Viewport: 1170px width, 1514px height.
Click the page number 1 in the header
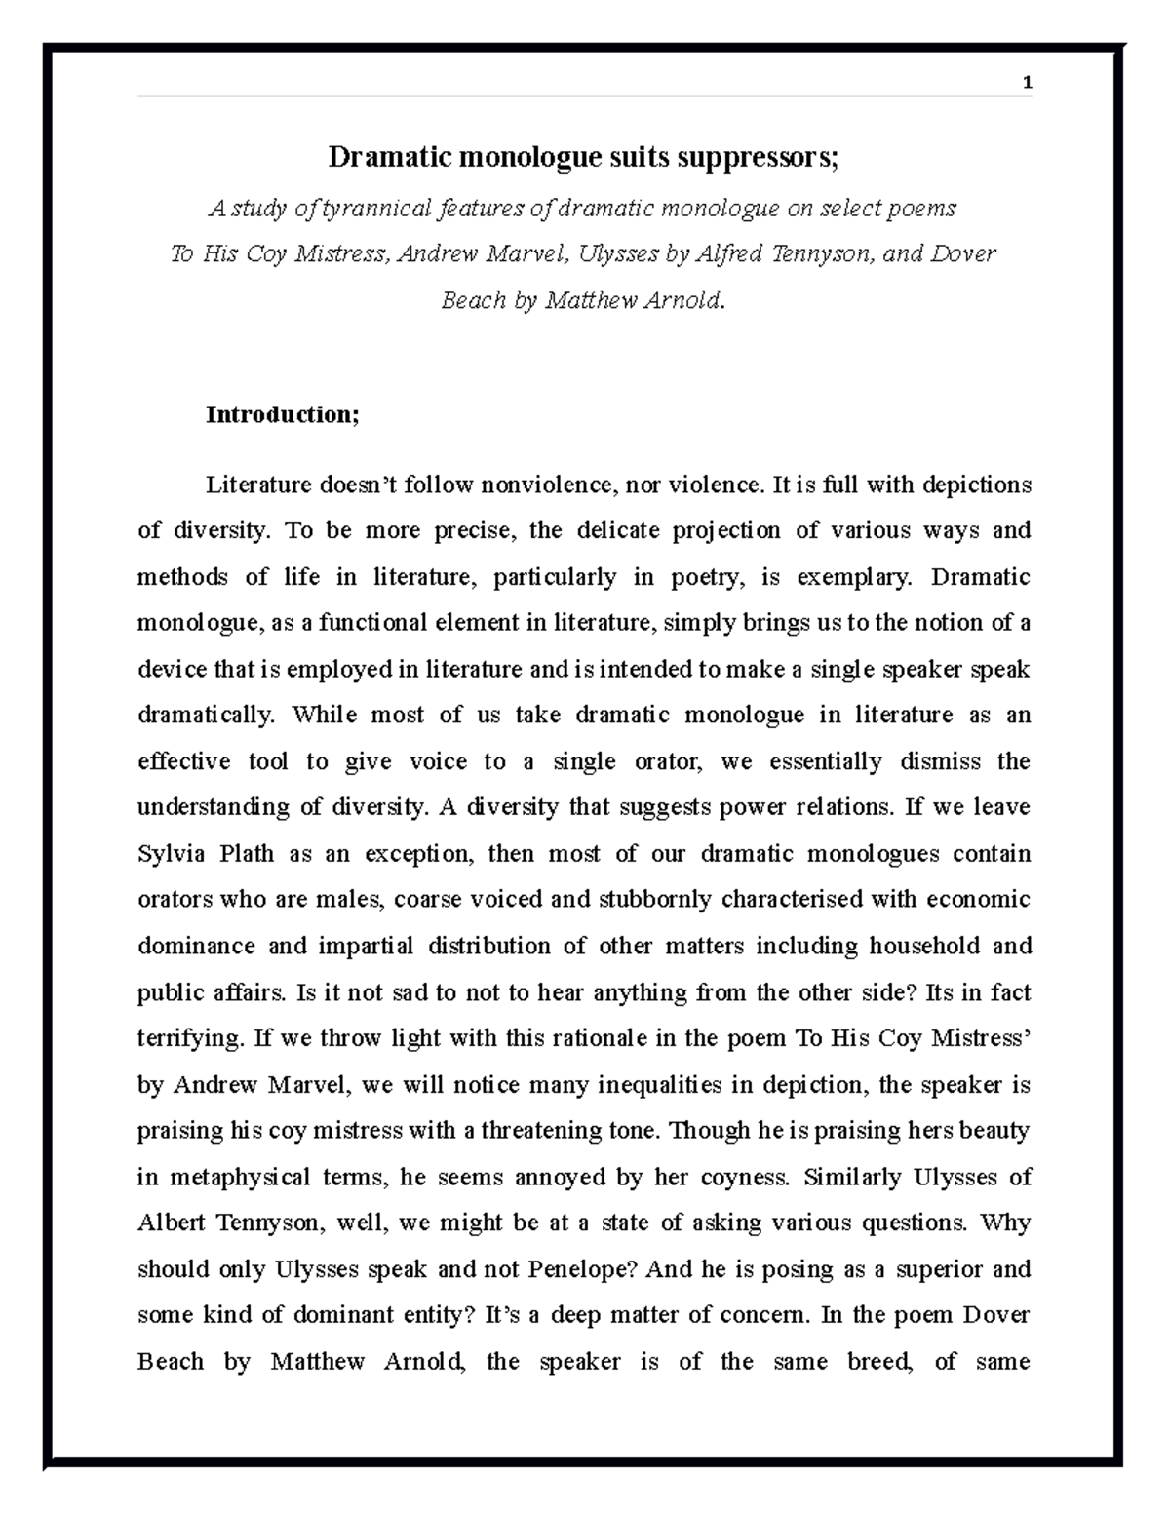1026,84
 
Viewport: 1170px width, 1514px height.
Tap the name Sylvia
170,854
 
